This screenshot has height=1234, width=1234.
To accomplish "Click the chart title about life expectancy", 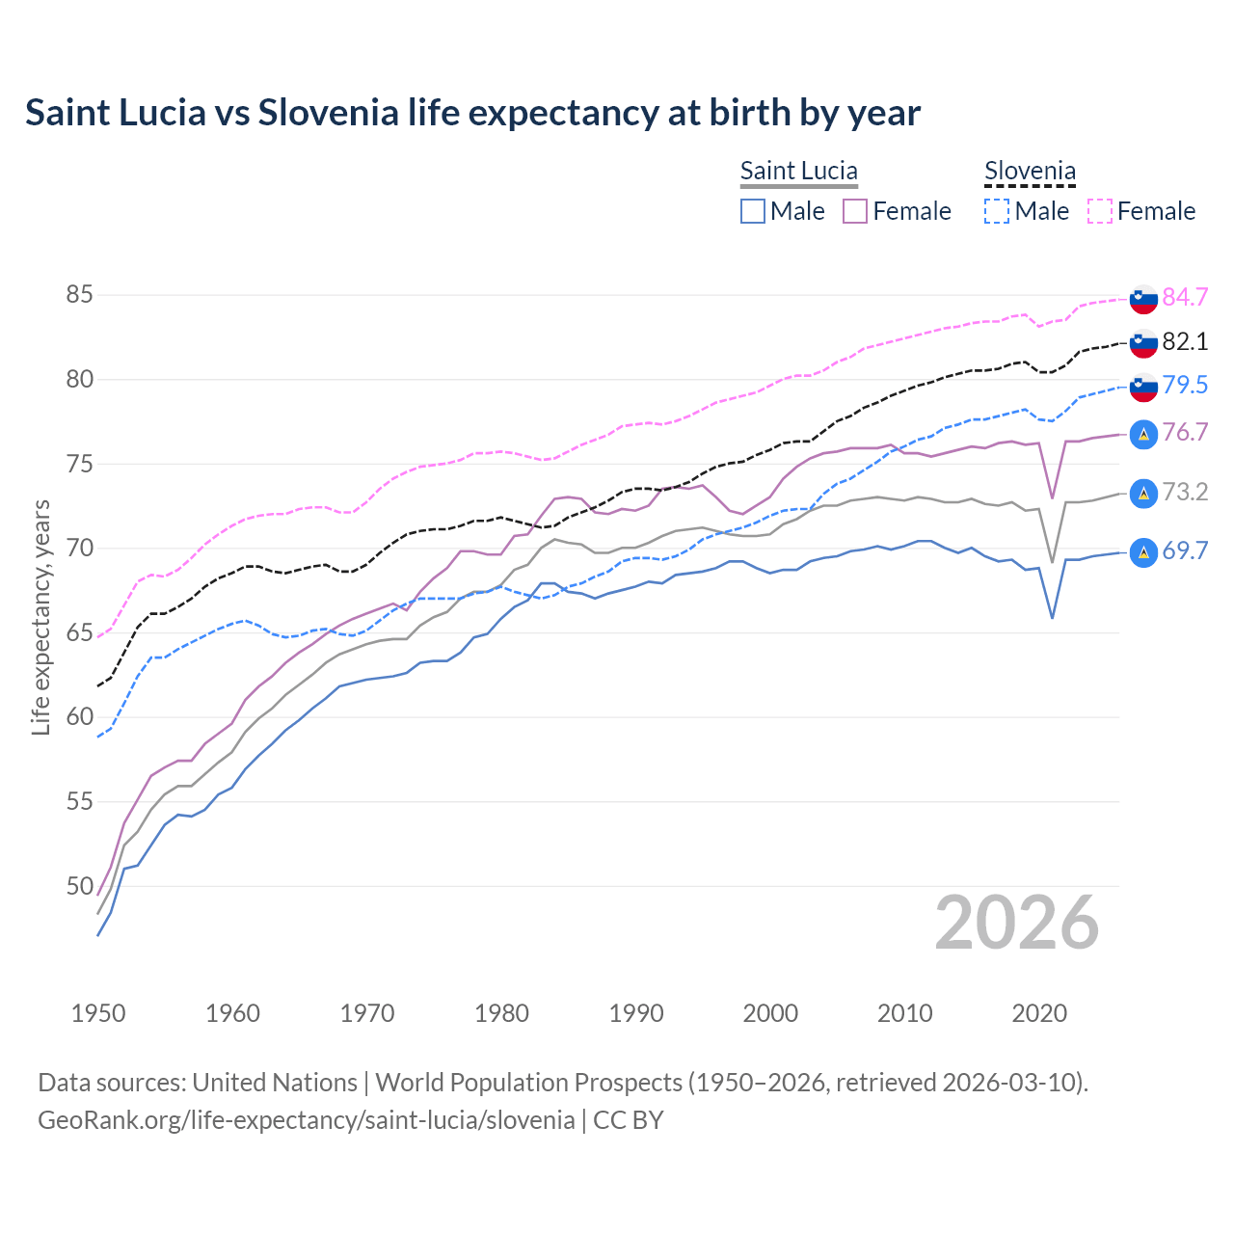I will click(x=472, y=113).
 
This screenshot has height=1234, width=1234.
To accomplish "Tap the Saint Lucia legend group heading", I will click(x=798, y=172).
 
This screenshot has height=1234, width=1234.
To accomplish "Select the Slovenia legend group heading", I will click(x=1030, y=172).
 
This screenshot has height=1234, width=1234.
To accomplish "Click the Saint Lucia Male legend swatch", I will click(x=753, y=211).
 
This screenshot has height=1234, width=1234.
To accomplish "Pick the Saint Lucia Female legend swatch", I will click(x=855, y=211).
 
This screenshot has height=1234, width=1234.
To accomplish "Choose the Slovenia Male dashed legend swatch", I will click(x=997, y=211).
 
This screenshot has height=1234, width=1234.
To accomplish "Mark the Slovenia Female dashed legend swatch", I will click(x=1100, y=211).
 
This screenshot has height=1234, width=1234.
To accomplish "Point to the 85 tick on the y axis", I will click(x=79, y=295).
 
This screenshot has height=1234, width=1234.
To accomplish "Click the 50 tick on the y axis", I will click(x=79, y=886).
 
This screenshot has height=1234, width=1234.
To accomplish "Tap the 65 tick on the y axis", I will click(x=79, y=633).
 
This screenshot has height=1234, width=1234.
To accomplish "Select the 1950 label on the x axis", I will click(x=98, y=1013).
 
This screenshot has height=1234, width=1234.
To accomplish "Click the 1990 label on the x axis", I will click(x=636, y=1013).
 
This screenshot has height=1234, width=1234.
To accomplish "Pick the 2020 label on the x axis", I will click(x=1039, y=1013).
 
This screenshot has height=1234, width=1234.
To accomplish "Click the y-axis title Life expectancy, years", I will click(x=40, y=617).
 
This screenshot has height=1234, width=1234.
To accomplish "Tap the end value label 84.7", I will click(x=1185, y=297).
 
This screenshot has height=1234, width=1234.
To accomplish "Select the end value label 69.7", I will click(x=1185, y=551).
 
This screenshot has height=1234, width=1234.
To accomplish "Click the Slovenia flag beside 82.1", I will click(x=1143, y=342).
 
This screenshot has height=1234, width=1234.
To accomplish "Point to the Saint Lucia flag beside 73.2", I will click(x=1143, y=493).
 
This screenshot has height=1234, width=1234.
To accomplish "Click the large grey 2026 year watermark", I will click(x=1017, y=923).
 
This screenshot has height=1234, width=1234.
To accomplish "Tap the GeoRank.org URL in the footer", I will click(x=306, y=1120).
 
